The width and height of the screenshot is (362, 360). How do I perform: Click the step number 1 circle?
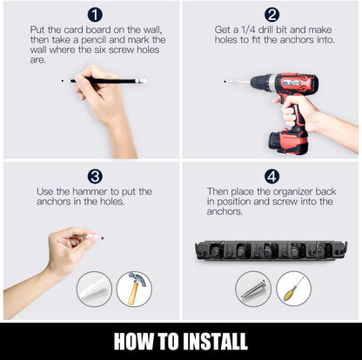click(95, 14)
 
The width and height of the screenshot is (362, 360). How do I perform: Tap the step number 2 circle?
click(271, 14)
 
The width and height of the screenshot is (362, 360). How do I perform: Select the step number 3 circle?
click(95, 177)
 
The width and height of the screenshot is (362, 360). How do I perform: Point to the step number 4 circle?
click(271, 177)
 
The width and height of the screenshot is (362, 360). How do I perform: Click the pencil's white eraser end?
click(144, 81)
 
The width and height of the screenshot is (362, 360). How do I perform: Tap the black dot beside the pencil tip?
click(63, 81)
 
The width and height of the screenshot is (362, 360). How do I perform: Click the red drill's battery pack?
click(288, 142)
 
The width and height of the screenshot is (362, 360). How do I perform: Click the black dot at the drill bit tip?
click(225, 82)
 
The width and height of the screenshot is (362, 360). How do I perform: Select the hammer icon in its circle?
click(134, 289)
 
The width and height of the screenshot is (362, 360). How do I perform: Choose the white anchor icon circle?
click(94, 289)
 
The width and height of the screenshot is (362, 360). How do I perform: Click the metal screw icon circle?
click(253, 289)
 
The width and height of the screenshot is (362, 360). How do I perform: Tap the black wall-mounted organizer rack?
click(271, 250)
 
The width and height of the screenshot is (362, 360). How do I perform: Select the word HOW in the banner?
click(133, 341)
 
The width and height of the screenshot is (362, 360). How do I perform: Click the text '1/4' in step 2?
click(249, 30)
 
